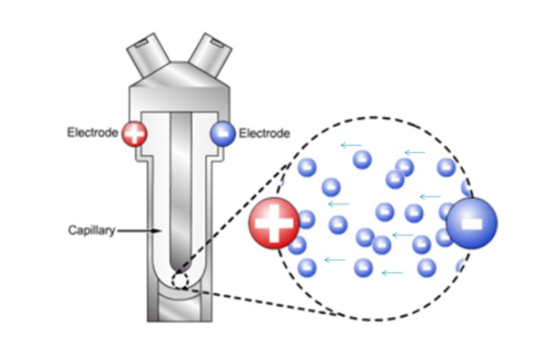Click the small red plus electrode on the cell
[x=134, y=133]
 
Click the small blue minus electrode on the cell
[x=223, y=133]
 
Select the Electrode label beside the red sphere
[x=93, y=132]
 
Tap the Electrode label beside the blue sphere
[x=265, y=133]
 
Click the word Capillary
[x=91, y=230]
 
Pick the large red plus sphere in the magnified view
[x=274, y=224]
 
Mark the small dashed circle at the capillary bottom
[x=179, y=280]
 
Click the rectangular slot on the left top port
[x=141, y=45]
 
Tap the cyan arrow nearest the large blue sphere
[x=430, y=196]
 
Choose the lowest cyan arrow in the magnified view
[x=392, y=273]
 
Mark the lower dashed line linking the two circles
[x=268, y=302]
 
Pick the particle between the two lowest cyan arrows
[x=362, y=267]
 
